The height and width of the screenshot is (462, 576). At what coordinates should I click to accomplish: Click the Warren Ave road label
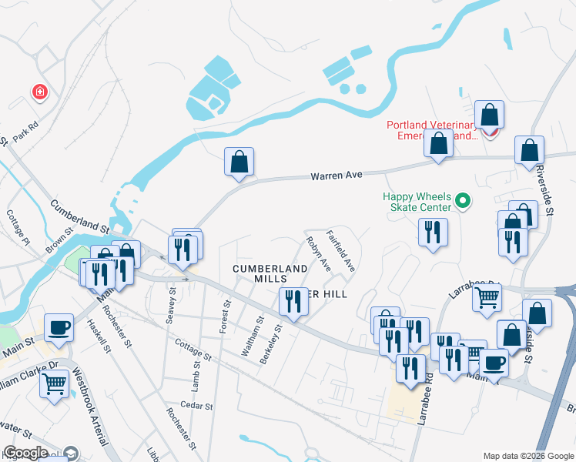pos(336,176)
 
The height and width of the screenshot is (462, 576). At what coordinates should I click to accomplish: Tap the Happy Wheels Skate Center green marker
pos(462,202)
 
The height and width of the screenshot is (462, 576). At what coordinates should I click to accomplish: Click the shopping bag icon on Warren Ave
pos(239,162)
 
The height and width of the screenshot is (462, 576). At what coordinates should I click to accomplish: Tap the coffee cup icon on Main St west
pos(59,328)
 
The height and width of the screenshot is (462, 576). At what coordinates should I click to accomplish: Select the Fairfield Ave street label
pos(340,251)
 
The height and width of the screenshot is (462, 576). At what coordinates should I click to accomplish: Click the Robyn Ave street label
pos(318,254)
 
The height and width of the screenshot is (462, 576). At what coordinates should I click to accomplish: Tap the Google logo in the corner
pos(26,453)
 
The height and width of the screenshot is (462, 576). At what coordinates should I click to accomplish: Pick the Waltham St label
pos(253,336)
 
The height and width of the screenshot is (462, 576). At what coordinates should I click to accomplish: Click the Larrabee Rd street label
pos(424,402)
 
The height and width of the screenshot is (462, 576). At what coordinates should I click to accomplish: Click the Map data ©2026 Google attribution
pos(527,455)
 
